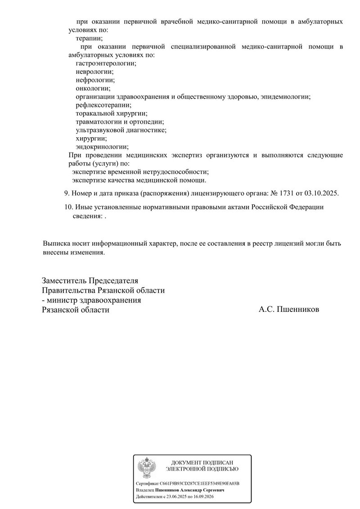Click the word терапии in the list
tap(89, 39)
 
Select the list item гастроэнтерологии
tap(106, 63)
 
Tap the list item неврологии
tap(94, 72)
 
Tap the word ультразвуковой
tap(99, 130)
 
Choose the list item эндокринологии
tap(102, 147)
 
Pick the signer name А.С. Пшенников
tap(289, 310)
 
